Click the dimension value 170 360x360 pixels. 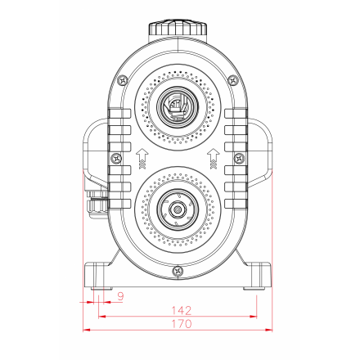pos(182,324)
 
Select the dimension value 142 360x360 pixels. pos(182,310)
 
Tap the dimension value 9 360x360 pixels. pos(120,296)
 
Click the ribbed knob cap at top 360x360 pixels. pos(178,28)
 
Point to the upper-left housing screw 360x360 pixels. pos(122,81)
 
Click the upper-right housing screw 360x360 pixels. pos(232,81)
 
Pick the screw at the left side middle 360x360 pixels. pos(116,158)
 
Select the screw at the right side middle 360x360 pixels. pos(239,158)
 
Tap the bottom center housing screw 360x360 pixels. pos(178,271)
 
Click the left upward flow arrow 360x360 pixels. pos(142,159)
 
